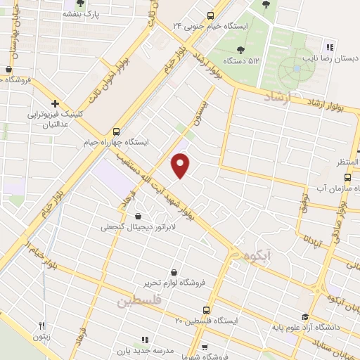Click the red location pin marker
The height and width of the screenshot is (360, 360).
pos(181,165)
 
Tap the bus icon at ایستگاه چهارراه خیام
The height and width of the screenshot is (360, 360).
pos(116,131)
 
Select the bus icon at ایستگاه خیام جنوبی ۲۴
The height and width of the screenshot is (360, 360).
pos(210,15)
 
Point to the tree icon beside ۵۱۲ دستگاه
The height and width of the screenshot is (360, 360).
pos(240,49)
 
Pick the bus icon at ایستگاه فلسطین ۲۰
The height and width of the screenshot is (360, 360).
pos(205,309)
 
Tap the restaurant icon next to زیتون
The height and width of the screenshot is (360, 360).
pos(41,326)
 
